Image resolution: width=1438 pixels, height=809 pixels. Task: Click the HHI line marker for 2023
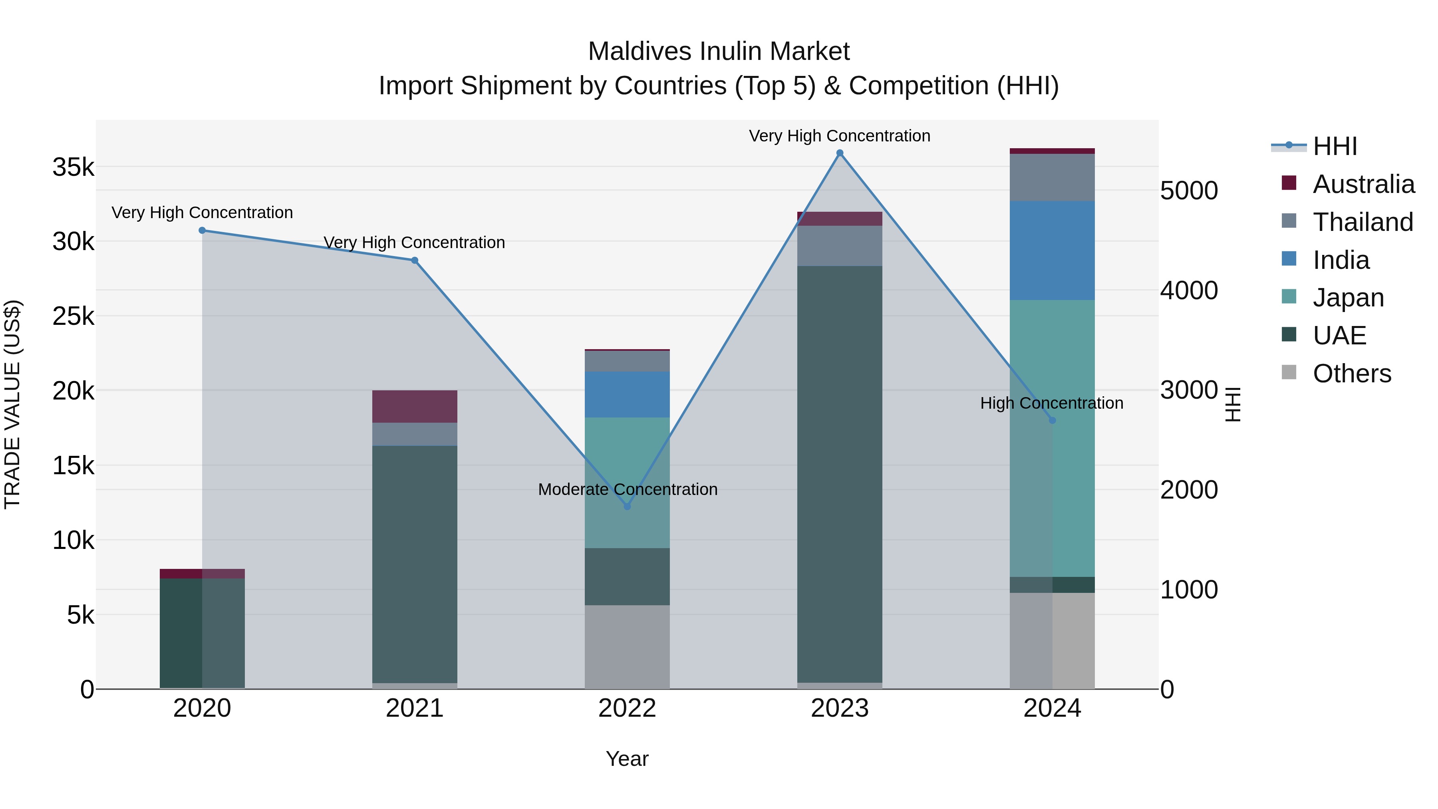coord(840,153)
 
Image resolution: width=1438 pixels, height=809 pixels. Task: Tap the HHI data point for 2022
coord(627,507)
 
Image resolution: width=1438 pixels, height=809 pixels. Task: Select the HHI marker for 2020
coord(202,231)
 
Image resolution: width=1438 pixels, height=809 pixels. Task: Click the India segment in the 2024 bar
coord(1052,250)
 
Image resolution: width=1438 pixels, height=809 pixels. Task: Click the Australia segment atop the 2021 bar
coord(414,406)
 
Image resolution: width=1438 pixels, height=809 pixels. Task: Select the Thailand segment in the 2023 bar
coord(840,246)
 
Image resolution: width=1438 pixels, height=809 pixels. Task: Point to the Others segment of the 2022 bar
coord(627,646)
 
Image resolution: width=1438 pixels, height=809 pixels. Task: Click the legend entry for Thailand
coord(1363,222)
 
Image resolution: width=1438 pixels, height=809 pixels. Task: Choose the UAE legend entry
coord(1339,336)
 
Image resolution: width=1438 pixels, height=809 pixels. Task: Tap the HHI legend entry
coord(1335,146)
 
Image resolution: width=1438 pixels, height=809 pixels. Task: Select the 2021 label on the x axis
coord(414,708)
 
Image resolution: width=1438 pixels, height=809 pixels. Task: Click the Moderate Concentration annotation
coord(628,489)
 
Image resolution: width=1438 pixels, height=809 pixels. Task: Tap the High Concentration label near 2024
coord(1052,403)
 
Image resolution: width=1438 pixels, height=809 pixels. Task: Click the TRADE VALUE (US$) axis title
coord(12,404)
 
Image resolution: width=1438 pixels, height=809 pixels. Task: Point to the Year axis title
coord(627,759)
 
